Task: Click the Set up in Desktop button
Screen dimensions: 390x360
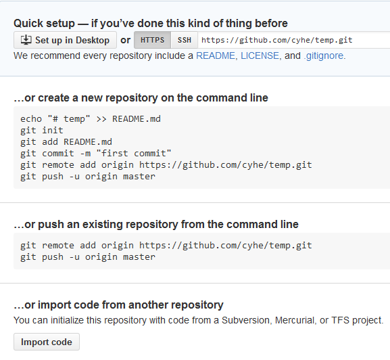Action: [65, 40]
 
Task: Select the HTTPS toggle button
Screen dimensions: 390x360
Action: [153, 40]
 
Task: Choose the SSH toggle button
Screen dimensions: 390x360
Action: [185, 40]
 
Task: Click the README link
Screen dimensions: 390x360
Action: [216, 55]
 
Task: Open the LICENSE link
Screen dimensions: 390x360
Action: [260, 55]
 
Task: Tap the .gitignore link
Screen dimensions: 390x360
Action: [323, 56]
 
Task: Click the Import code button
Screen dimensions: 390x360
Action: [47, 342]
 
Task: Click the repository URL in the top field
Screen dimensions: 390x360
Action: [277, 40]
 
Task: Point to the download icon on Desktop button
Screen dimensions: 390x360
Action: [26, 40]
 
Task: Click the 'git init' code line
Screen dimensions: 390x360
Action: [42, 131]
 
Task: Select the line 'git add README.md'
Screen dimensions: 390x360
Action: [66, 142]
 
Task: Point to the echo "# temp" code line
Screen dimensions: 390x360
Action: [91, 119]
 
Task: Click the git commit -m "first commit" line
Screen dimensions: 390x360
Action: [96, 154]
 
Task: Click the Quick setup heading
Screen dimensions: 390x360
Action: [151, 24]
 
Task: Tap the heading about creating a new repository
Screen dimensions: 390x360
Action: [141, 98]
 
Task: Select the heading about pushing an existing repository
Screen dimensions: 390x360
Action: [156, 224]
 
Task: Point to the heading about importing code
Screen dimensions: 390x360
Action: [119, 305]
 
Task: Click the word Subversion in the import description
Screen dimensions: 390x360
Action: [245, 320]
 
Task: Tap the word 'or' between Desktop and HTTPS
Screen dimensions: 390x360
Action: [125, 41]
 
